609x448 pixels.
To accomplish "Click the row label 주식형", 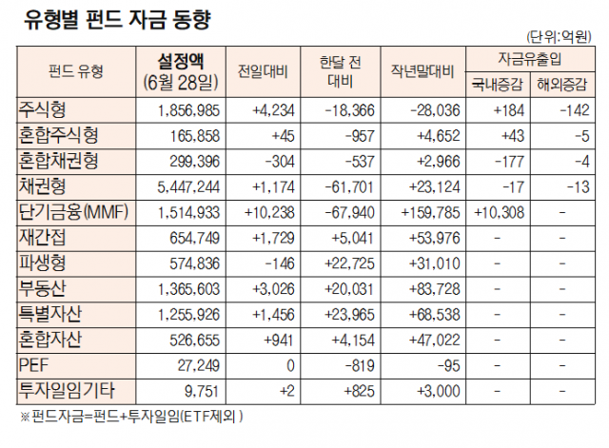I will (x=44, y=109).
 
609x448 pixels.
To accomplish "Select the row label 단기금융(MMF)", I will (x=77, y=209).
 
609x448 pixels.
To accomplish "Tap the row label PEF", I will (x=31, y=363).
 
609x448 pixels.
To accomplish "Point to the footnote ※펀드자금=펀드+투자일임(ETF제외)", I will (x=133, y=416).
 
